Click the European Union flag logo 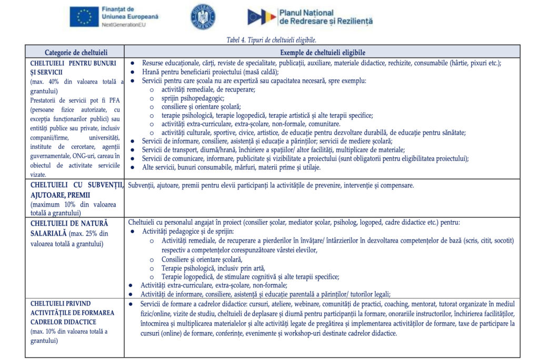84,17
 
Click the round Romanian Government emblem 203,16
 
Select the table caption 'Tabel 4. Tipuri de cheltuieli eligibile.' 271,40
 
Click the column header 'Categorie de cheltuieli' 76,52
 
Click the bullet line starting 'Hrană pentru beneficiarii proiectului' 211,72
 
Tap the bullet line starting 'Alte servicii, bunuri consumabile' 231,167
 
